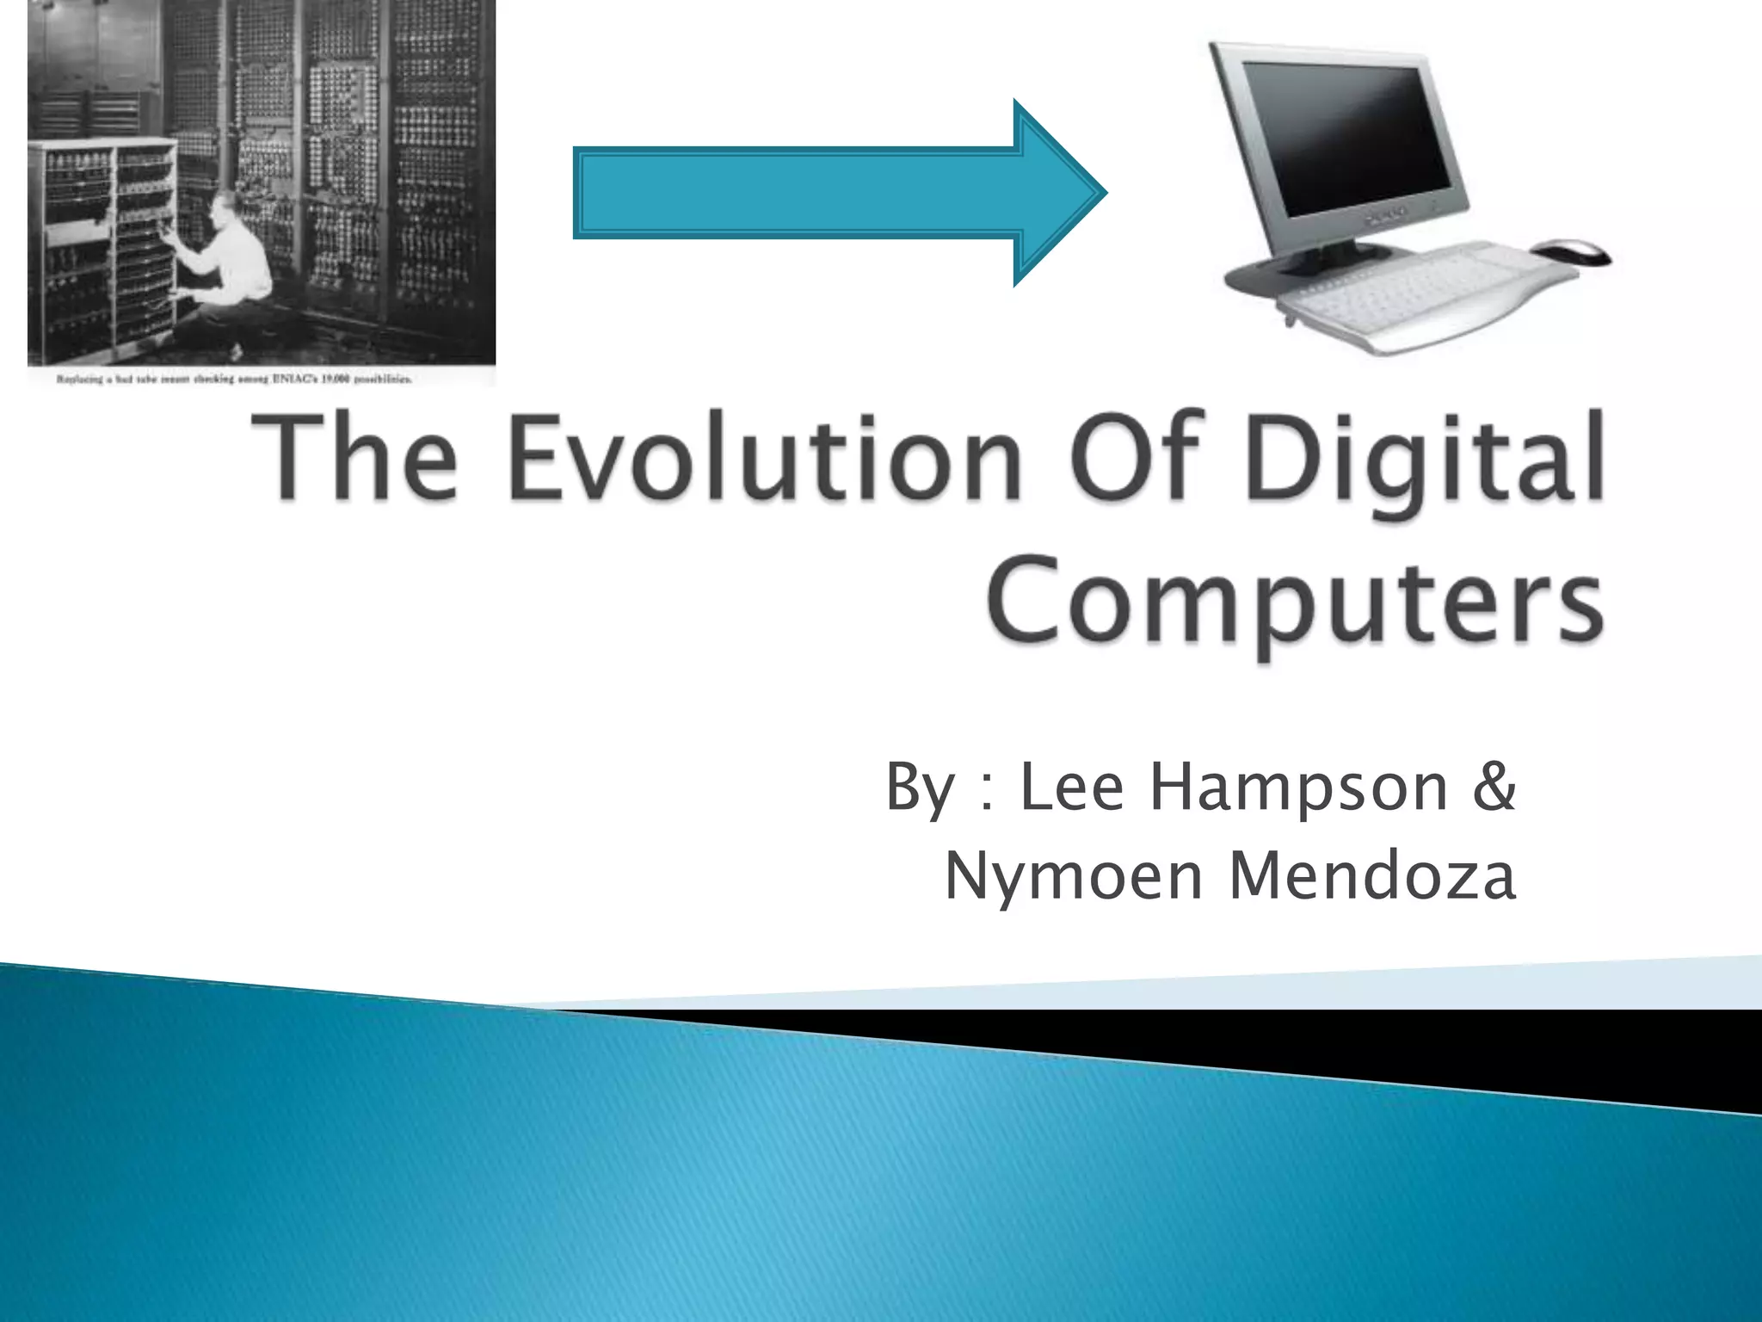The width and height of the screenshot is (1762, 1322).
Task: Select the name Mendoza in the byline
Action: [1371, 877]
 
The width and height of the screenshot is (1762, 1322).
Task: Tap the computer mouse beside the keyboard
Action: [1571, 252]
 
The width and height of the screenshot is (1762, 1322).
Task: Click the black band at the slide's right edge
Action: [1635, 1059]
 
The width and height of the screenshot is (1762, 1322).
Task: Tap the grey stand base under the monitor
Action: [1291, 275]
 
